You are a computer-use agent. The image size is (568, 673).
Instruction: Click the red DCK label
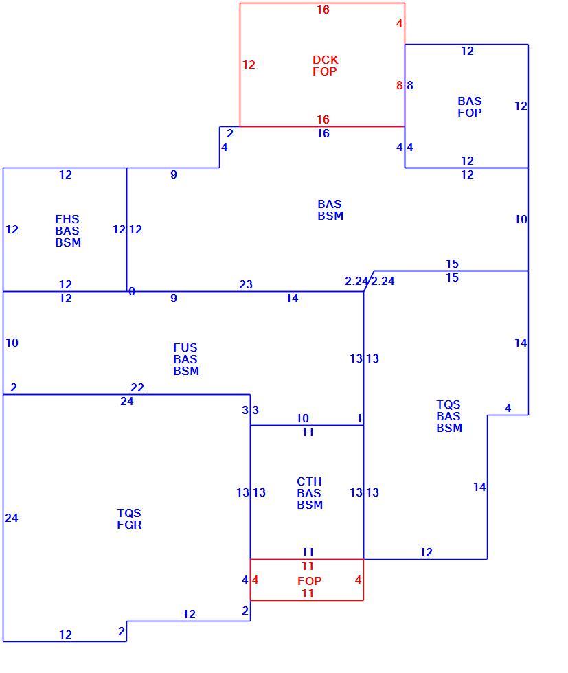tap(325, 60)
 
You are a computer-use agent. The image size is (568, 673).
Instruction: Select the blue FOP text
tap(469, 113)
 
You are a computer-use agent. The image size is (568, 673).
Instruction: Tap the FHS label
tap(67, 219)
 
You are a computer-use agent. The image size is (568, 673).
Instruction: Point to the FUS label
tap(185, 347)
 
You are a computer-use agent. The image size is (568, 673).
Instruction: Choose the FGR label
tap(129, 525)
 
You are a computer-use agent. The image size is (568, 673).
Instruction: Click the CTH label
tap(309, 481)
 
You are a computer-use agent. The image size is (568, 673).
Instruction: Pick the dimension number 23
tap(246, 284)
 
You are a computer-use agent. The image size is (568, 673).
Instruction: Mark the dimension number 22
tap(137, 387)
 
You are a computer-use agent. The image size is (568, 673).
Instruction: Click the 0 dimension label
tap(132, 291)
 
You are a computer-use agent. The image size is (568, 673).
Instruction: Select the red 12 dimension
tap(249, 65)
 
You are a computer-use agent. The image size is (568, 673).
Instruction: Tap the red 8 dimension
tap(399, 85)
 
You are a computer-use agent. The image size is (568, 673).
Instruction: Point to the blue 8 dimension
tap(410, 85)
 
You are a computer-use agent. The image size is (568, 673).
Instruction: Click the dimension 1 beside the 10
tap(359, 418)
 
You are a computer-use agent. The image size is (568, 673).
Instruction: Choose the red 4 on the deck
tap(399, 23)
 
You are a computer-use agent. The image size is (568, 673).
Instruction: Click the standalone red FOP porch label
tap(309, 581)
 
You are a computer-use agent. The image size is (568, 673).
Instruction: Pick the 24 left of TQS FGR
tap(12, 518)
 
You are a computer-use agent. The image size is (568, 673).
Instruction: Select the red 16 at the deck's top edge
tap(323, 10)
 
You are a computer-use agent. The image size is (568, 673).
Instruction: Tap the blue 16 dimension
tap(323, 133)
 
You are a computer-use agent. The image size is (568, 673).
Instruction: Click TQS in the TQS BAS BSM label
tap(448, 404)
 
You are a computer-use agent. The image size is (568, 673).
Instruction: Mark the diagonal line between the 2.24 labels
tap(369, 281)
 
